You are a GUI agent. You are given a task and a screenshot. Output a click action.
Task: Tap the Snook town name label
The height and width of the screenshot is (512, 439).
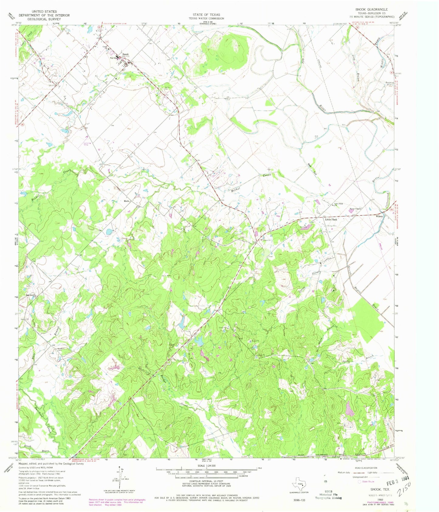pyautogui.click(x=125, y=54)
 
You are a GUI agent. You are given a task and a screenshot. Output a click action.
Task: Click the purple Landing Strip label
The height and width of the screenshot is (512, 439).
pyautogui.click(x=87, y=144)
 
